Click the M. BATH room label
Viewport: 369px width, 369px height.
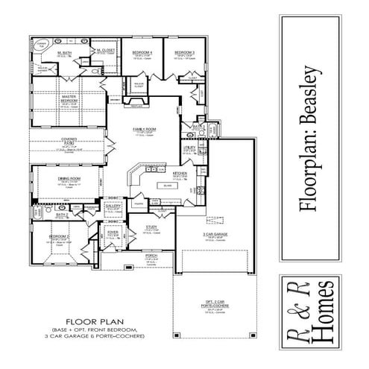coord(64,54)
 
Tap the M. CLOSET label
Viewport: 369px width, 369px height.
coord(105,51)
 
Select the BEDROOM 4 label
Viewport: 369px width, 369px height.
coord(142,53)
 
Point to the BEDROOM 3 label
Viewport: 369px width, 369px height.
coord(184,53)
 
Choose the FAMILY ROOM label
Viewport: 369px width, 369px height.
coord(144,130)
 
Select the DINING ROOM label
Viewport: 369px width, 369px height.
coord(69,179)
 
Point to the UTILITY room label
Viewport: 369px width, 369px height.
coord(189,148)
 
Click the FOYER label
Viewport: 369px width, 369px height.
coord(113,233)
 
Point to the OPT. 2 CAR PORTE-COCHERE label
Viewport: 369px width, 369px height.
coord(215,303)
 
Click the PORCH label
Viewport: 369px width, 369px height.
coord(151,255)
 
